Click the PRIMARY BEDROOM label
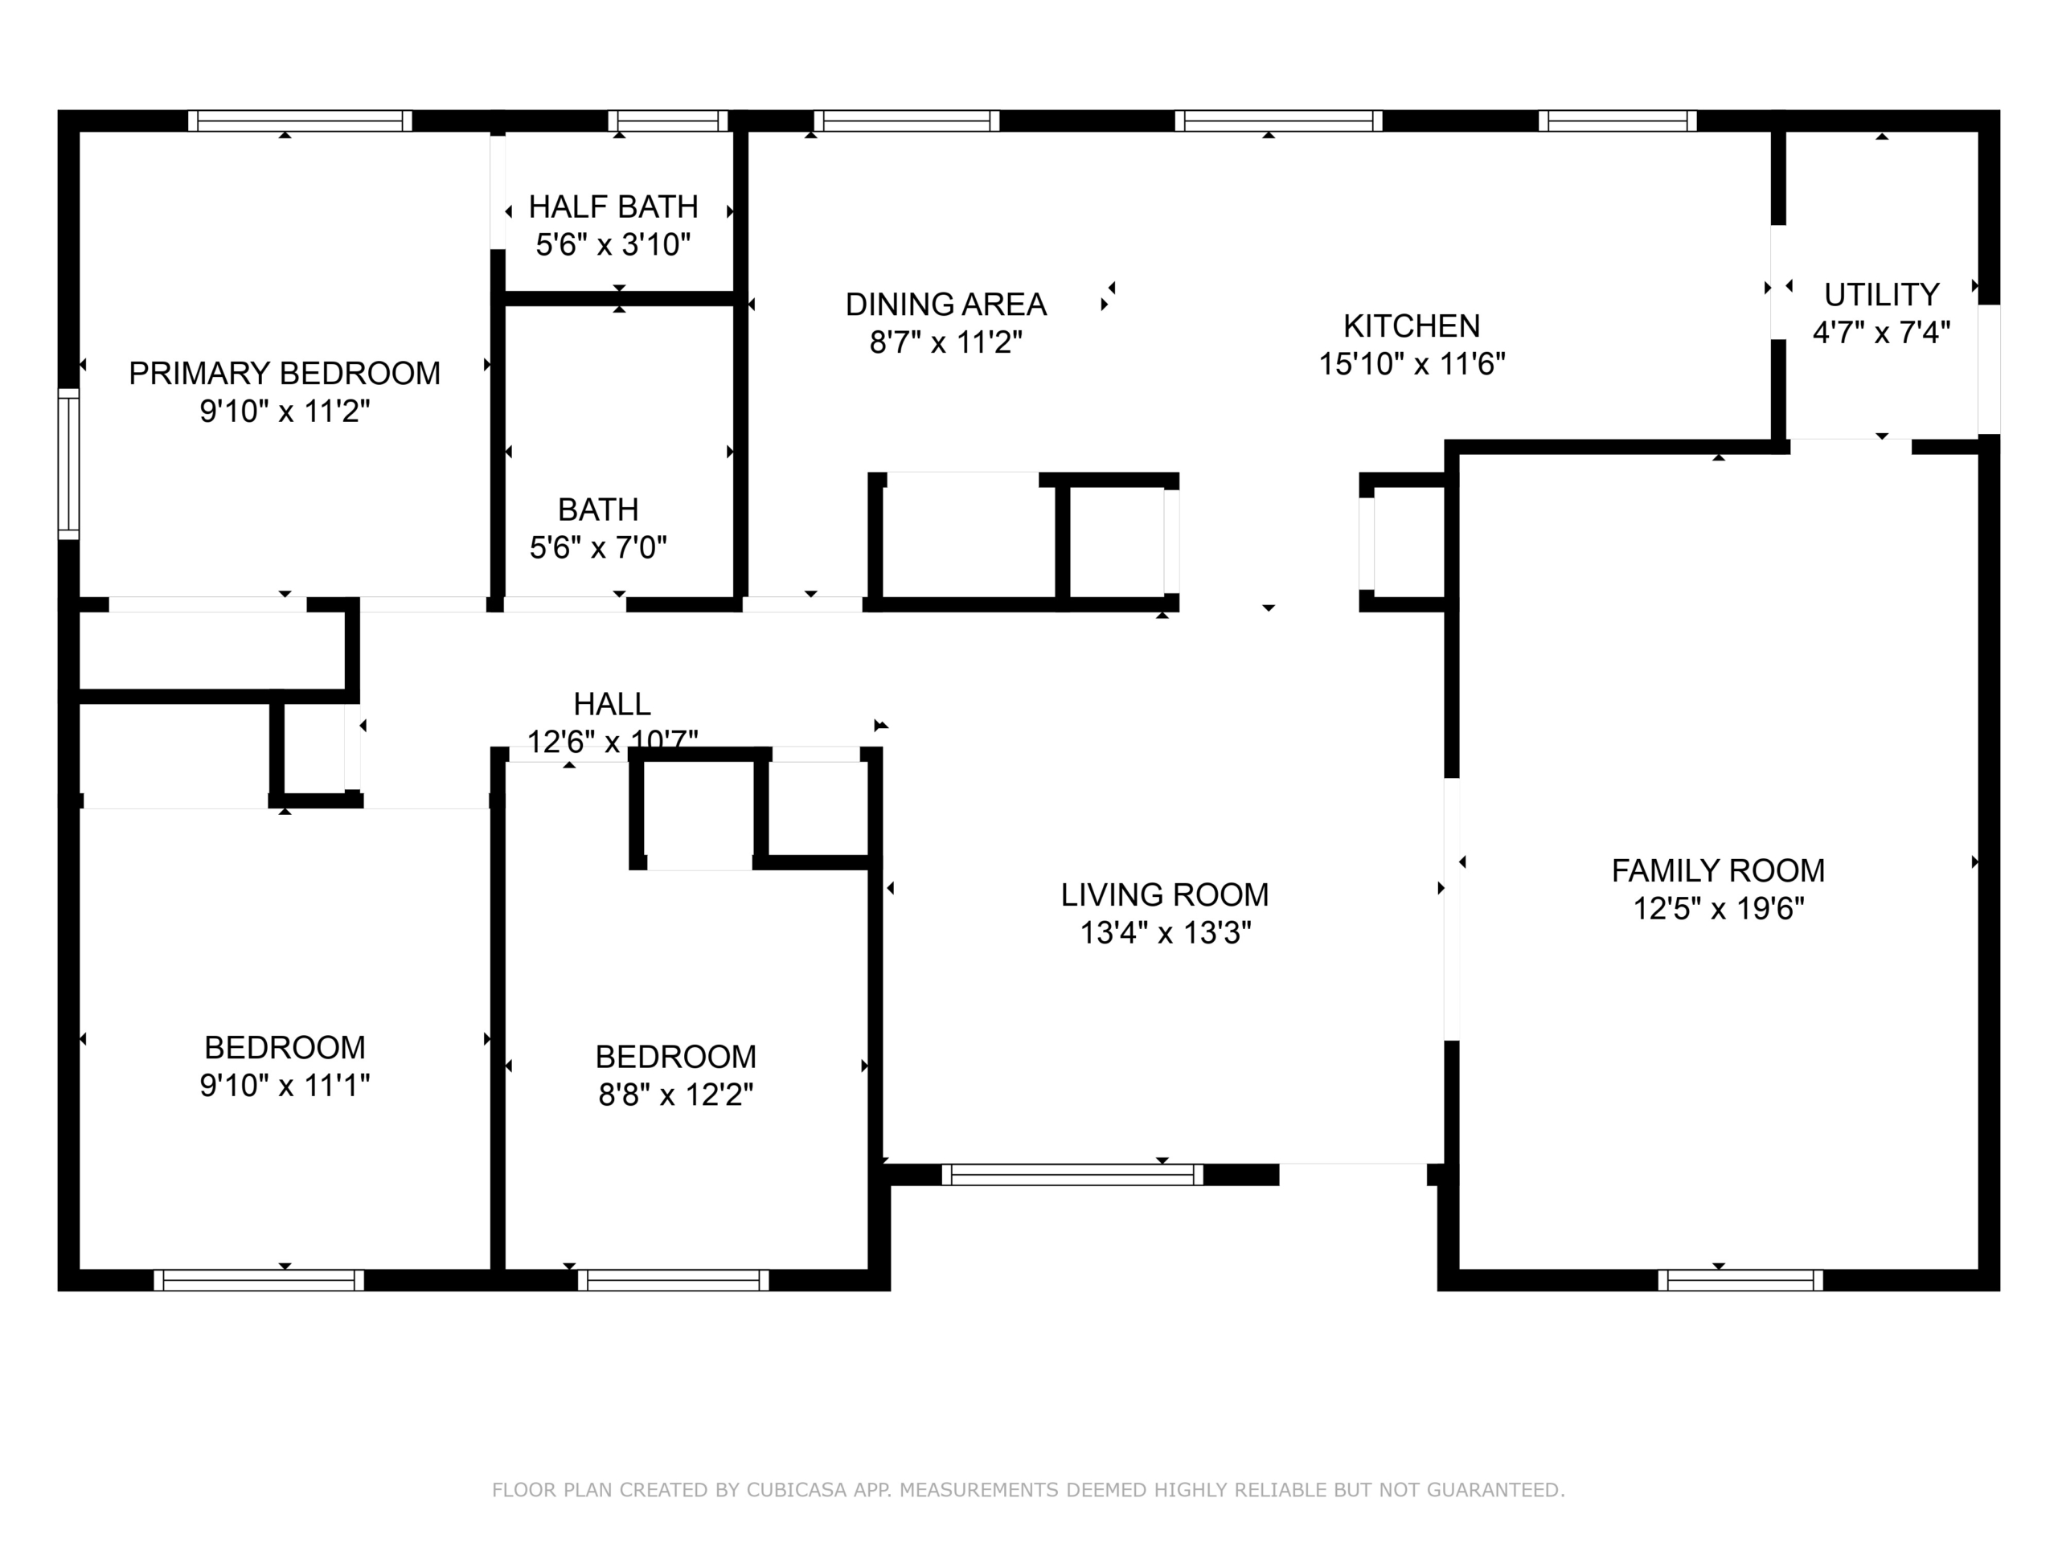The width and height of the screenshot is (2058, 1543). click(285, 373)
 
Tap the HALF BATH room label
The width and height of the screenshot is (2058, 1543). click(613, 207)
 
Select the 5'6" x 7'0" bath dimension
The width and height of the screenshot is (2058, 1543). click(598, 547)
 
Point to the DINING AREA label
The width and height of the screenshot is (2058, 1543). click(946, 304)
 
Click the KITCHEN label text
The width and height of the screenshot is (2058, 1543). click(1412, 325)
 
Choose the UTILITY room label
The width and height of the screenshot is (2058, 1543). click(1881, 295)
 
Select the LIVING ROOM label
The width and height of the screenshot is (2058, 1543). click(1165, 894)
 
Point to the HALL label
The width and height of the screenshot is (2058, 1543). click(613, 704)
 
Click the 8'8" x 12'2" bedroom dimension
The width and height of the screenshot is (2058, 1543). click(675, 1095)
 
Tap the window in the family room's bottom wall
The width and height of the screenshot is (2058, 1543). click(1740, 1279)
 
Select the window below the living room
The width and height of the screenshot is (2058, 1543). click(1072, 1175)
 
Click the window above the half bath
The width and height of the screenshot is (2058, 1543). click(668, 121)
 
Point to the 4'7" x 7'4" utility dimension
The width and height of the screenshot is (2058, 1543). click(1881, 332)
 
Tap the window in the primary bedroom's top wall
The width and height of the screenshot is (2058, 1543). click(300, 121)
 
